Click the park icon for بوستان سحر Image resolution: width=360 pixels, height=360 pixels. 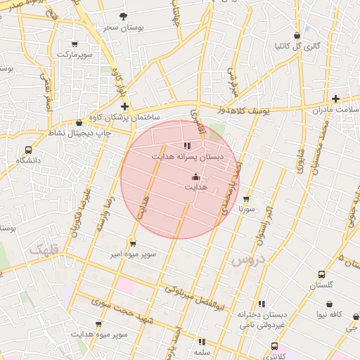[124, 16]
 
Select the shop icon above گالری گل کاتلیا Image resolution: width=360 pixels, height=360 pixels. [297, 35]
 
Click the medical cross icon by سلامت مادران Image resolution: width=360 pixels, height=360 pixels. [335, 98]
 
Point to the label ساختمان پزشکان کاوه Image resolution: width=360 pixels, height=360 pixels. [124, 117]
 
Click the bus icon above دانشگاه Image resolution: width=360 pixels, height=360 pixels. [28, 150]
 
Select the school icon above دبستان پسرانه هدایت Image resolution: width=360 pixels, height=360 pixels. [187, 146]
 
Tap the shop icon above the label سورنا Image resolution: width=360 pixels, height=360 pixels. [245, 200]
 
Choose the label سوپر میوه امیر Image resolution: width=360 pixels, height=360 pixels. [132, 254]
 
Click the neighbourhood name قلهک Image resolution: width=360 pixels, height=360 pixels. [45, 249]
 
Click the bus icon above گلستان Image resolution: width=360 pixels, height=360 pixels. [321, 274]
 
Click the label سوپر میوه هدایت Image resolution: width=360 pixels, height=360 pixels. [98, 335]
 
